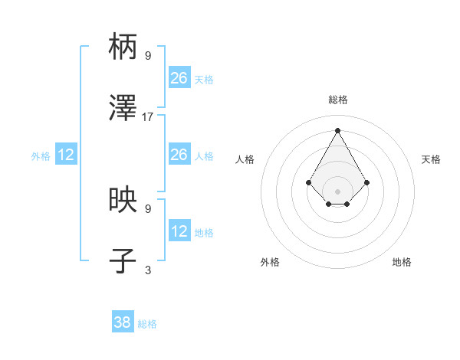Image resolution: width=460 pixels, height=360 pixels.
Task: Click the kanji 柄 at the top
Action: coord(123,47)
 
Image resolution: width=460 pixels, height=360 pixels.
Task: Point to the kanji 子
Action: coord(123,261)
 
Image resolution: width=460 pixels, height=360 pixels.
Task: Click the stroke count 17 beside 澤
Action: coord(148,117)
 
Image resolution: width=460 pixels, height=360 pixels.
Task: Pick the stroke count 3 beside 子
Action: coord(148,270)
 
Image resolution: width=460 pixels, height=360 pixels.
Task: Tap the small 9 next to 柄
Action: coord(148,55)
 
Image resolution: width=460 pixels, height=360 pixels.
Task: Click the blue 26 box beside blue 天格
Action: coord(179,78)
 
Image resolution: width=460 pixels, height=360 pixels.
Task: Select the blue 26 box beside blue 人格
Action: coord(179,155)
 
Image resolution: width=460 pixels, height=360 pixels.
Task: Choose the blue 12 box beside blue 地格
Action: coord(179,231)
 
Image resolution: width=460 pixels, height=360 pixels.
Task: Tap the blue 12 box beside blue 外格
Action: coord(66,155)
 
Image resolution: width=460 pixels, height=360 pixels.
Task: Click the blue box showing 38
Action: coord(123,322)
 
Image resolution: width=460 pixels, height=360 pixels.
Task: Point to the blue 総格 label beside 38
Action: coord(147,324)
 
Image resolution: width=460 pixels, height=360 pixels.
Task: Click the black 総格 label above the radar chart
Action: coord(337,100)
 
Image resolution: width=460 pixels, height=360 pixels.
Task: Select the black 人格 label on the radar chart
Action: coord(245,159)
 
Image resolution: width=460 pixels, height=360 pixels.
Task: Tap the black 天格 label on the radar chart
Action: coord(431,159)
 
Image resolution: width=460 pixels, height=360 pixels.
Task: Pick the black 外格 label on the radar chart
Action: coord(270,262)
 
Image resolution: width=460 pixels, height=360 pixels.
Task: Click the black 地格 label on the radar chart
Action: coord(402,262)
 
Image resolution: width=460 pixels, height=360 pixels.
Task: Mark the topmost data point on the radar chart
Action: coord(337,129)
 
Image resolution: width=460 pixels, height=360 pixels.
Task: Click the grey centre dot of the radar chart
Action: coord(337,191)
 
